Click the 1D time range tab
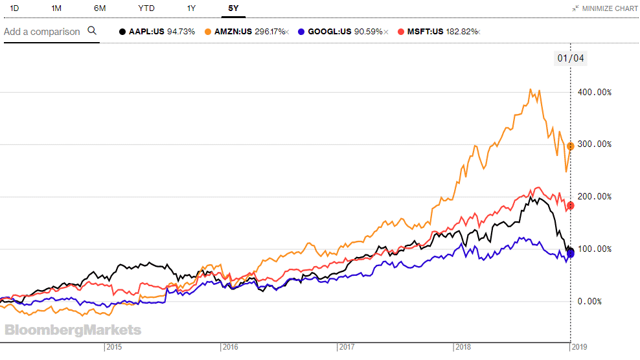point(15,8)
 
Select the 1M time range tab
point(56,8)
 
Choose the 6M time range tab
point(100,8)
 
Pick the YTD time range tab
point(146,8)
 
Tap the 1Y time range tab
point(191,8)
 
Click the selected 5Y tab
point(233,8)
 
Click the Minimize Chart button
point(605,8)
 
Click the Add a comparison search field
point(42,32)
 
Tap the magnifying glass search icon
point(91,31)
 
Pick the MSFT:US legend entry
point(438,32)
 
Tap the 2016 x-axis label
point(229,348)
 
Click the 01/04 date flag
point(570,58)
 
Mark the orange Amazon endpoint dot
point(571,146)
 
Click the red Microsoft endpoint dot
point(571,206)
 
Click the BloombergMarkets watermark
point(73,330)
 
